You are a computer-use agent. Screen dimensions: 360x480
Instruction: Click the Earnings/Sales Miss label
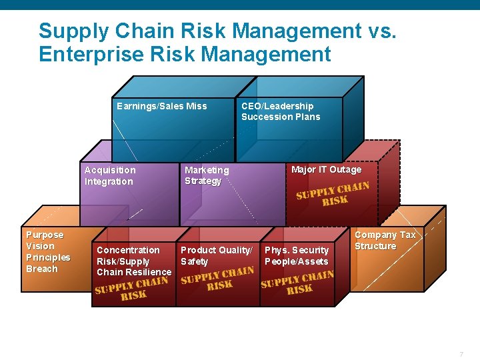(161, 106)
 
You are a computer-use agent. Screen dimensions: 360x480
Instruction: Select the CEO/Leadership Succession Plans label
(280, 111)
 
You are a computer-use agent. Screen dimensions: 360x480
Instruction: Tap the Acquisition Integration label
(109, 175)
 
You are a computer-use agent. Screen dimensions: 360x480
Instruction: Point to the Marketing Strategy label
(206, 175)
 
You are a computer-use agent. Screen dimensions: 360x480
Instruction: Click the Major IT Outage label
(326, 169)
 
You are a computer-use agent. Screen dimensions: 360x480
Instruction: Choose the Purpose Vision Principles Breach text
(47, 252)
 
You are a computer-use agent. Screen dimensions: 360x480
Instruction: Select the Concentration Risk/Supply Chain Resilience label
(133, 261)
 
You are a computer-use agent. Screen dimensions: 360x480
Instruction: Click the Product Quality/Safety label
(216, 255)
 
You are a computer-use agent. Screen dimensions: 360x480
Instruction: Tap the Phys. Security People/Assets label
(297, 255)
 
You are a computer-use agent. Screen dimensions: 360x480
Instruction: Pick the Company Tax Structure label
(384, 240)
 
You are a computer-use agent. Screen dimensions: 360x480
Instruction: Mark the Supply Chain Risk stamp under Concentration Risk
(131, 288)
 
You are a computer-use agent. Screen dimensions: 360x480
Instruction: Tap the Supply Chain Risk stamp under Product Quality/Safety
(217, 278)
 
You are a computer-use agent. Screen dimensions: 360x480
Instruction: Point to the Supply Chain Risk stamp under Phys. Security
(297, 283)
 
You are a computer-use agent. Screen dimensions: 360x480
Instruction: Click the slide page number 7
(461, 353)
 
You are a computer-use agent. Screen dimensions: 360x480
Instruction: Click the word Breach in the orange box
(41, 269)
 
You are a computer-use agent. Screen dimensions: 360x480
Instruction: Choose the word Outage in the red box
(345, 169)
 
